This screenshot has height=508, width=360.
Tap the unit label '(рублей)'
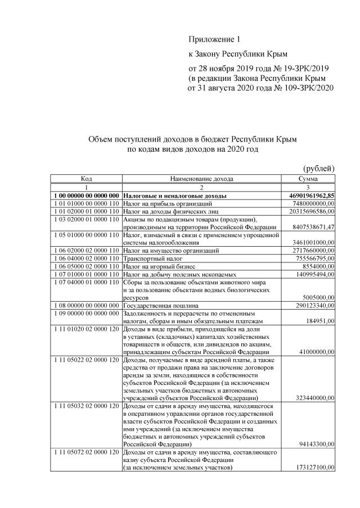[319, 168]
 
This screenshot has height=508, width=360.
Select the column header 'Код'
[86, 178]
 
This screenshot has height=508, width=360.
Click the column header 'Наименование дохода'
[200, 178]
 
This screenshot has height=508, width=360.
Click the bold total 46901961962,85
[308, 195]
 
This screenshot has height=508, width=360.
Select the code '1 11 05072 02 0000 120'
[86, 452]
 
